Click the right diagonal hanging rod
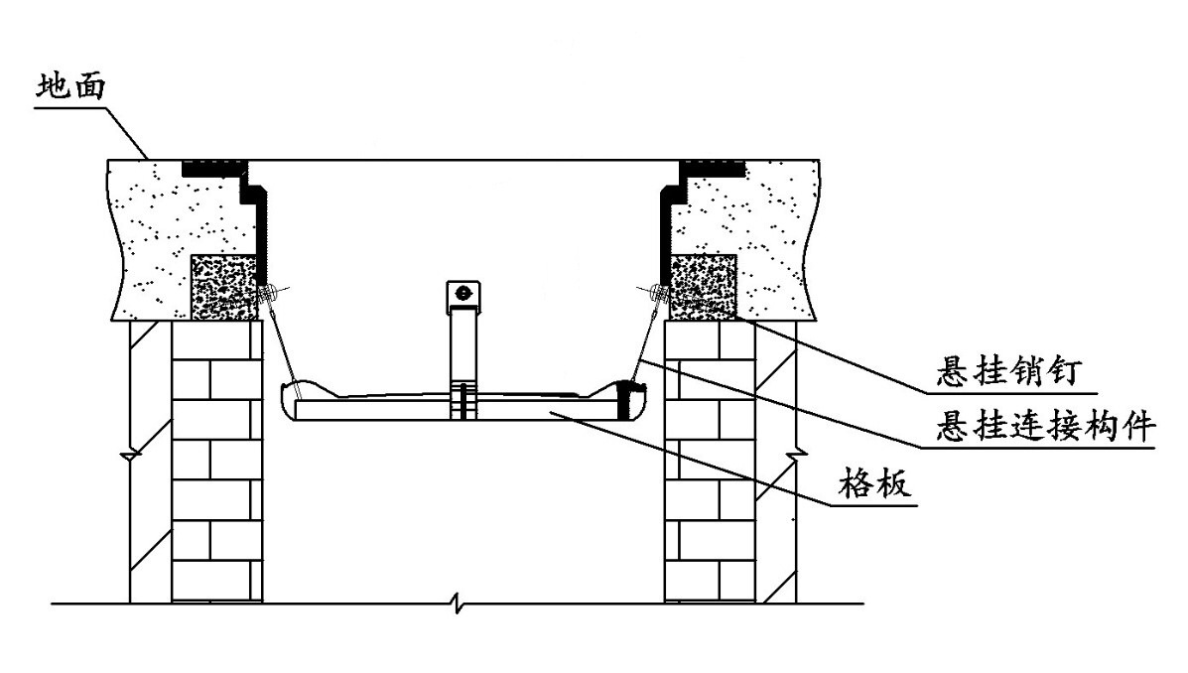click(x=645, y=338)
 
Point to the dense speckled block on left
click(x=225, y=287)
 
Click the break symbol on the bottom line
click(x=456, y=604)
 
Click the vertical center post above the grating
click(x=462, y=347)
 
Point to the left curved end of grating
click(x=291, y=401)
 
